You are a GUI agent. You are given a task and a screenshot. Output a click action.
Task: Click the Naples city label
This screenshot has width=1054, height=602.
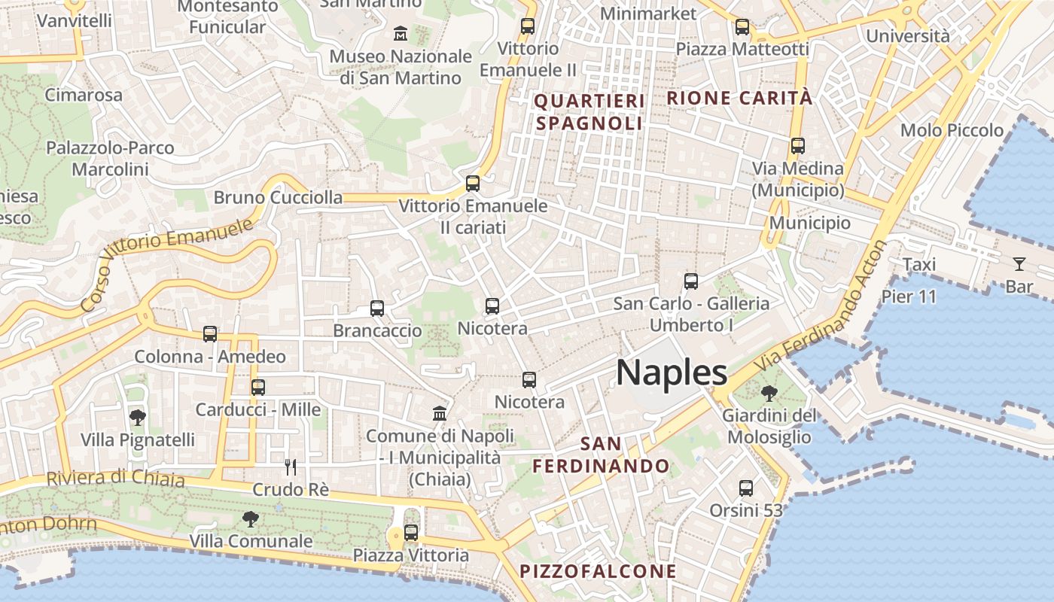point(672,372)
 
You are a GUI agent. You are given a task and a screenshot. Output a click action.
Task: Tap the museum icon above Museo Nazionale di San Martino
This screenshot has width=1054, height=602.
point(401,34)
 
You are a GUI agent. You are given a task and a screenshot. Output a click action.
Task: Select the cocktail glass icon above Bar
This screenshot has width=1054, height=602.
point(1019,263)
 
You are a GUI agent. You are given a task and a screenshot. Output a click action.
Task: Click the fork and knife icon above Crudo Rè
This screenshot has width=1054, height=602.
point(291,467)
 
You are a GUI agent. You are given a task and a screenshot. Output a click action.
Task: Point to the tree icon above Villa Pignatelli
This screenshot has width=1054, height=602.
point(137,417)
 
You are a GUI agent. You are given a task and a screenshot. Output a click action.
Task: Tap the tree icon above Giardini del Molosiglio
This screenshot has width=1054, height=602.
point(769,393)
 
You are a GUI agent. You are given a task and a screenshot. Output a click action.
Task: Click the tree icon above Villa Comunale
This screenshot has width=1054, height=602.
point(251,518)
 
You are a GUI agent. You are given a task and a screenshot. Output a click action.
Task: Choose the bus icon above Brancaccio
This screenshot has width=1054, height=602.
point(377,309)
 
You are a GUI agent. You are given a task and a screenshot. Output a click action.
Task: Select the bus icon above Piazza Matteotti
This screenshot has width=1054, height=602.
point(742,27)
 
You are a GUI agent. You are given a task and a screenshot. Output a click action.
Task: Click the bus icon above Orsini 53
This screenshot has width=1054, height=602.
point(746,488)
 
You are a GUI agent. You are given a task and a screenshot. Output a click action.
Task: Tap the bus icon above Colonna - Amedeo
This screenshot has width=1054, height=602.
point(210,334)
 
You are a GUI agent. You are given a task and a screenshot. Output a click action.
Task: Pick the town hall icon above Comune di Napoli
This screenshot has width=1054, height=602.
point(440,413)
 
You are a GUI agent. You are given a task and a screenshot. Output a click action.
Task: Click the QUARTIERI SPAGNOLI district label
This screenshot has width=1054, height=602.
point(589,112)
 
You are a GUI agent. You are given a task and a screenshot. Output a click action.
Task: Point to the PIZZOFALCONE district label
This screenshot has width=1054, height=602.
point(599,571)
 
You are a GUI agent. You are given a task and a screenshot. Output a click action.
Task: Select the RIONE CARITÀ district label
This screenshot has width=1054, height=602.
point(739,98)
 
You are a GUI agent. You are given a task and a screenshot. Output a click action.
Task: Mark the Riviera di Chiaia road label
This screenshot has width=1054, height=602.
point(115,479)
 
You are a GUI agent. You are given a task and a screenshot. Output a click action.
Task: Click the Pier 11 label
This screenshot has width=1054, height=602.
point(909,296)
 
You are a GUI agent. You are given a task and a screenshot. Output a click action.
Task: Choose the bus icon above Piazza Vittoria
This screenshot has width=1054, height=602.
point(411,533)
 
